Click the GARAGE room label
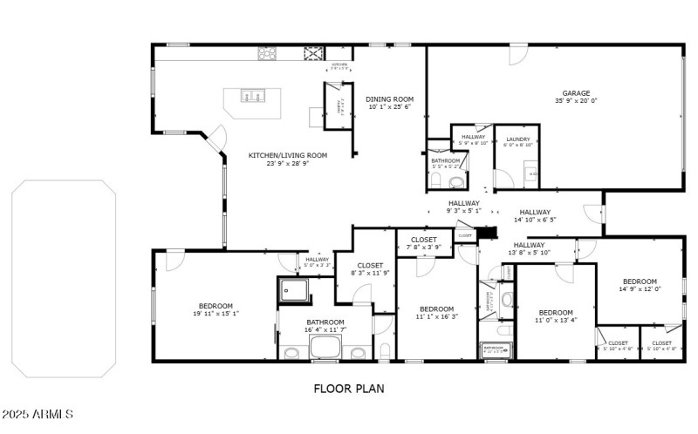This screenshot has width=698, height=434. (x=576, y=93)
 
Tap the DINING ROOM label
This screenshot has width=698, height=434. (x=389, y=99)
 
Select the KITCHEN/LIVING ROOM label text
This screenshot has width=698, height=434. (x=287, y=155)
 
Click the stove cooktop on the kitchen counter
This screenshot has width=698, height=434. (x=267, y=53)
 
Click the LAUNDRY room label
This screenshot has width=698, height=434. (x=517, y=137)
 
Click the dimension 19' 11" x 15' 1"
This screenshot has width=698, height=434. (x=216, y=314)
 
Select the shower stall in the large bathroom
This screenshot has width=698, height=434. (x=292, y=289)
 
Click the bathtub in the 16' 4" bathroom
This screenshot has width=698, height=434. (x=325, y=349)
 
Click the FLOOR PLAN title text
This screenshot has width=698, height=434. (x=348, y=389)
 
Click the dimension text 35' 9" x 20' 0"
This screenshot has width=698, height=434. (x=576, y=101)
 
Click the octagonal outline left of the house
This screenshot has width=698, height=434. (x=63, y=279)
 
